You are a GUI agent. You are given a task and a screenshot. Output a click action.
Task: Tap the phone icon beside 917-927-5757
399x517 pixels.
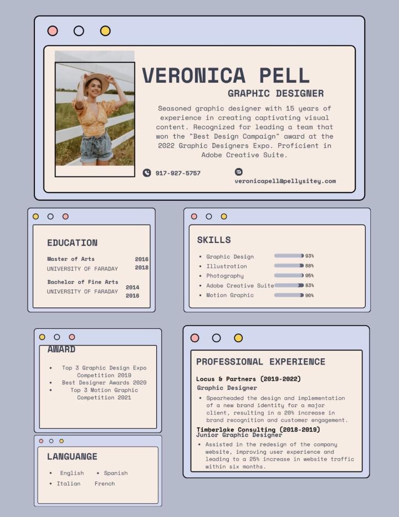(x=147, y=173)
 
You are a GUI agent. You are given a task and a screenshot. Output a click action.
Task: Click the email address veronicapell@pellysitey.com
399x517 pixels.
(x=285, y=181)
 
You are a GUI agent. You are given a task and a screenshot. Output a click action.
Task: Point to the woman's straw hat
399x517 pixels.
(x=96, y=79)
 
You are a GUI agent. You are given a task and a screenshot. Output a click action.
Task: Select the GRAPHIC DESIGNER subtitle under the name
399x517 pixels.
(x=275, y=93)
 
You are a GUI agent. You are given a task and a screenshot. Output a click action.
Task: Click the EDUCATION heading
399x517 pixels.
(x=72, y=242)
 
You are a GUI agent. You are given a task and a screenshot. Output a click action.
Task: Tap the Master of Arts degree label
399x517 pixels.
(x=71, y=259)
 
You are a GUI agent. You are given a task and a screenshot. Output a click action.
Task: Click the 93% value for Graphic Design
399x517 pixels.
(x=309, y=256)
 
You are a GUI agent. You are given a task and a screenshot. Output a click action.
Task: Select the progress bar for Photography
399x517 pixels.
(x=289, y=276)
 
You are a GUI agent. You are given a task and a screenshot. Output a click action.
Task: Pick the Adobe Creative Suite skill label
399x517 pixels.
(x=240, y=286)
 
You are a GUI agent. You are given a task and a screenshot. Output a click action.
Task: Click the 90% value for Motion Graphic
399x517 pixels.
(x=309, y=295)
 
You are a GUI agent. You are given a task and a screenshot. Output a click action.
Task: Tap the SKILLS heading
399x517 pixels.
(x=214, y=240)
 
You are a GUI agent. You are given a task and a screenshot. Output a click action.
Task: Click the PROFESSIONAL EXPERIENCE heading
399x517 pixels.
(x=260, y=362)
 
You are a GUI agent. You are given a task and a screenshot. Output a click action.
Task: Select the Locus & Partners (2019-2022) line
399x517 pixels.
(x=248, y=379)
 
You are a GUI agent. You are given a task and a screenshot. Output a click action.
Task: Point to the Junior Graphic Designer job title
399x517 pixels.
(x=239, y=435)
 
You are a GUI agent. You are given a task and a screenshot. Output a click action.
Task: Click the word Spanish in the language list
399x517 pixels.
(x=116, y=473)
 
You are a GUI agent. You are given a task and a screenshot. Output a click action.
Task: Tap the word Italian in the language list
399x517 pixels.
(x=69, y=484)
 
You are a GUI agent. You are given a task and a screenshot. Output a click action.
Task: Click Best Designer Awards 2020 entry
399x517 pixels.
(x=104, y=383)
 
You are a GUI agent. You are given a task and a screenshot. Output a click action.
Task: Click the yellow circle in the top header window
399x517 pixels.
(x=105, y=31)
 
